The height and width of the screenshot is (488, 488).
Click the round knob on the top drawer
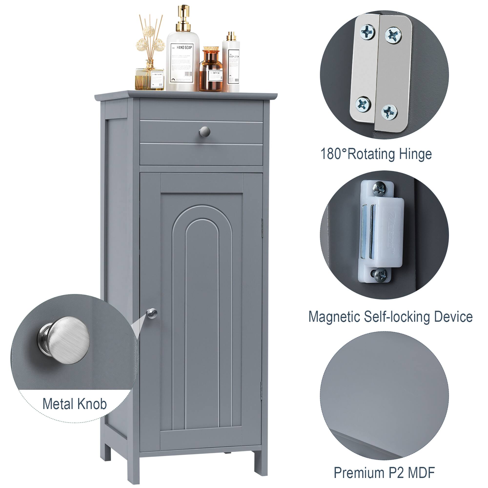(x=205, y=132)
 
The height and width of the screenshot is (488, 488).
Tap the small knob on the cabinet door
(x=152, y=314)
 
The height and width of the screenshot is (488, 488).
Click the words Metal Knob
(x=74, y=404)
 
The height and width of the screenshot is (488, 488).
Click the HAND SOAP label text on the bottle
(x=184, y=47)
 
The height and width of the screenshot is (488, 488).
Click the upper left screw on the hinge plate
(x=367, y=32)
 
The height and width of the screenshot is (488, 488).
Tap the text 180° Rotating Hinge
(x=376, y=154)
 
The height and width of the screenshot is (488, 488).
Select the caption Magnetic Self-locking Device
(x=390, y=317)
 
